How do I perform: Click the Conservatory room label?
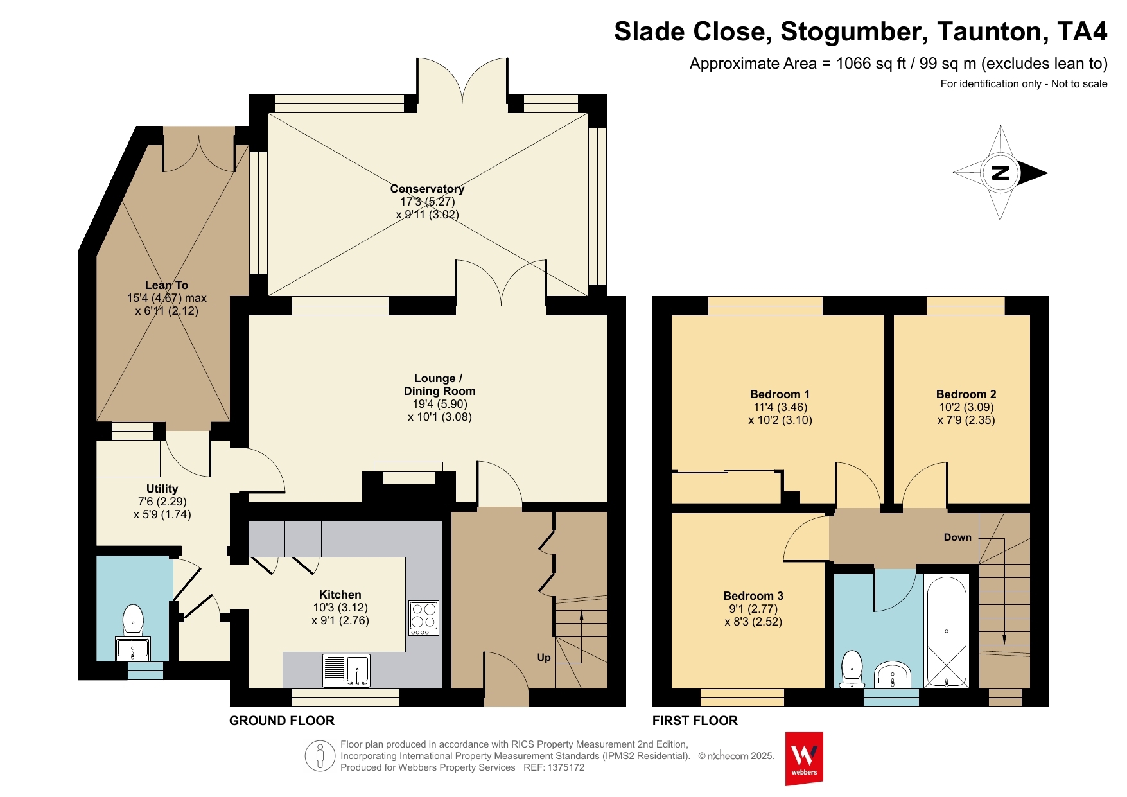click(427, 189)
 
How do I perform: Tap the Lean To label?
click(166, 285)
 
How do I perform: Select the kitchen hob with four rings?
click(424, 618)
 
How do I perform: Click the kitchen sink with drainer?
click(346, 670)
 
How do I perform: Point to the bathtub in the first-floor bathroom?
click(947, 632)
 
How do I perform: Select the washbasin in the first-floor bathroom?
click(893, 675)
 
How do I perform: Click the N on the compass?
click(1000, 173)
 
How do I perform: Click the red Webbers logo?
click(804, 759)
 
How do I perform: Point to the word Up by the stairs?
click(544, 658)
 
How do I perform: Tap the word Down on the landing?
click(957, 538)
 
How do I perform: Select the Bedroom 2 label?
click(966, 394)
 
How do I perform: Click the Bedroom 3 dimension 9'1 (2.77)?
click(753, 609)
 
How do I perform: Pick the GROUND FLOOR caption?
click(282, 721)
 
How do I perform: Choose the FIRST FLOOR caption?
click(695, 721)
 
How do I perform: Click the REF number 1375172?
click(566, 767)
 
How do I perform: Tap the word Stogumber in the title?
click(854, 32)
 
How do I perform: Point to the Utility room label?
click(162, 489)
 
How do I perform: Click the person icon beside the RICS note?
click(320, 756)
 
